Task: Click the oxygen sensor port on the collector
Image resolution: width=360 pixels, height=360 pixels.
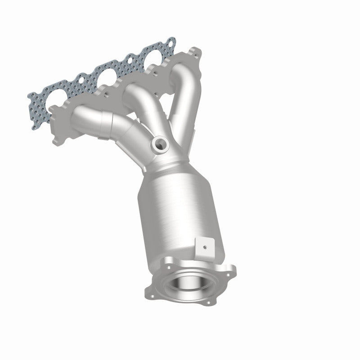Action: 160,144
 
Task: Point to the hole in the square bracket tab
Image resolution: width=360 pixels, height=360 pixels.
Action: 205,247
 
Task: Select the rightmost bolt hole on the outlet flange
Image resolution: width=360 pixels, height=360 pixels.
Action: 232,272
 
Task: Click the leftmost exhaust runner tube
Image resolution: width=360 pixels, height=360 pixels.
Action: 94,121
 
